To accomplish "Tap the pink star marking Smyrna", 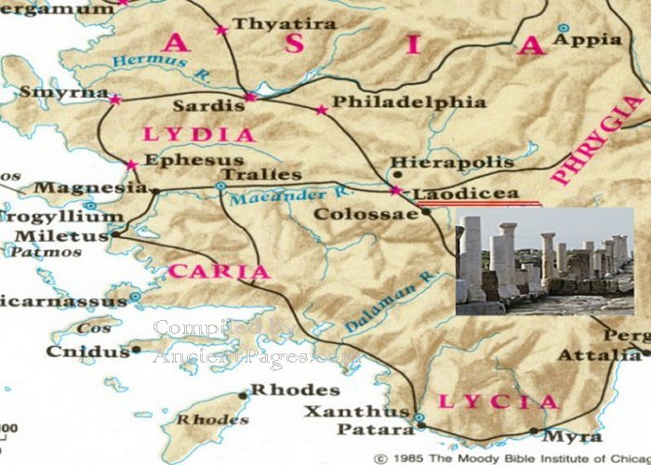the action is (115, 100).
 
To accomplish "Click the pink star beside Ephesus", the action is (132, 166).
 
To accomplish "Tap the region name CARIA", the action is (219, 272).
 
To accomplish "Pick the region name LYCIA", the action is (498, 402).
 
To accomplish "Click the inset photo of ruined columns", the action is (544, 261).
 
